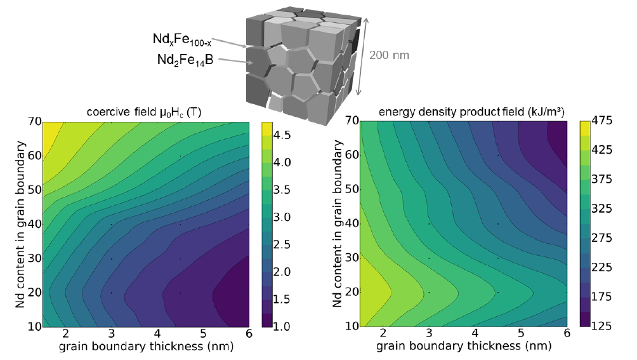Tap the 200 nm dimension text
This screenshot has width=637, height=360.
point(389,55)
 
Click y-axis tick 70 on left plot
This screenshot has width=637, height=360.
point(34,121)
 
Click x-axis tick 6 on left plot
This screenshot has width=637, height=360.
point(248,335)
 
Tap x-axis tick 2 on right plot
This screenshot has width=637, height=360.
point(382,335)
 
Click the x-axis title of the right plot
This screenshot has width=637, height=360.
point(464,347)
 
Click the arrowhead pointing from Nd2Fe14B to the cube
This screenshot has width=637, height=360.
point(252,63)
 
